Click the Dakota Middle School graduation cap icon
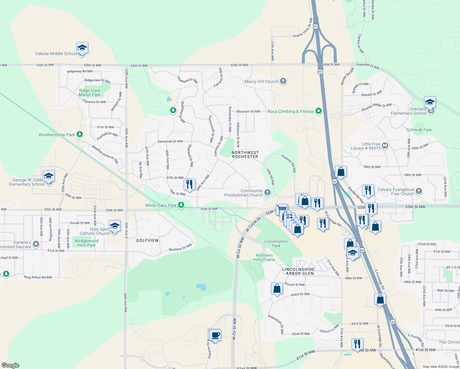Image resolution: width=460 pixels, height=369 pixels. pyautogui.click(x=82, y=48)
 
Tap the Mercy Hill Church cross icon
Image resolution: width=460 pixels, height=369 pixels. pyautogui.click(x=283, y=81)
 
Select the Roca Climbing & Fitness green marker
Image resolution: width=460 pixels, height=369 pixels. pyautogui.click(x=319, y=111)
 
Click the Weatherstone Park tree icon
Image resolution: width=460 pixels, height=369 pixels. pyautogui.click(x=80, y=134)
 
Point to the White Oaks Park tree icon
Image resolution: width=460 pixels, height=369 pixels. pyautogui.click(x=181, y=205)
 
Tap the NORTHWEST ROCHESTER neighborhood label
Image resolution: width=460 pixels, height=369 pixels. pyautogui.click(x=245, y=154)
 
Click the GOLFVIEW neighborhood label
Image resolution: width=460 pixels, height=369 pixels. pyautogui.click(x=147, y=240)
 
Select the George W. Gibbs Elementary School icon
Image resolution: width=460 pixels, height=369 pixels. pyautogui.click(x=49, y=177)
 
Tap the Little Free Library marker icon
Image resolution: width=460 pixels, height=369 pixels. pyautogui.click(x=385, y=146)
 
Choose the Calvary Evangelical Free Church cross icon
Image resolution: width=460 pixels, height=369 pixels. pyautogui.click(x=418, y=192)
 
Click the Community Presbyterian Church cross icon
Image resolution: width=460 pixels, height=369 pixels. pyautogui.click(x=268, y=193)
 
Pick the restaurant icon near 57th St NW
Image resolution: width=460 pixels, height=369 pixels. pyautogui.click(x=189, y=184)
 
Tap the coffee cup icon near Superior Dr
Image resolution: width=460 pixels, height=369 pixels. pyautogui.click(x=215, y=335)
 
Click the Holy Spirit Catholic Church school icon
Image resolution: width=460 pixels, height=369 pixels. pyautogui.click(x=114, y=226)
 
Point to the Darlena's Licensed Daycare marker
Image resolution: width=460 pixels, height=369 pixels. pyautogui.click(x=36, y=244)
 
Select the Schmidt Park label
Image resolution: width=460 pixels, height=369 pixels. pyautogui.click(x=419, y=130)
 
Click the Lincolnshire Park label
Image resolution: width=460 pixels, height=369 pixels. pyautogui.click(x=276, y=244)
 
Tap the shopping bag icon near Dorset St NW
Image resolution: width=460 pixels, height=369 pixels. pyautogui.click(x=277, y=289)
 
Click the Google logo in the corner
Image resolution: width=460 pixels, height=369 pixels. pyautogui.click(x=10, y=365)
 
